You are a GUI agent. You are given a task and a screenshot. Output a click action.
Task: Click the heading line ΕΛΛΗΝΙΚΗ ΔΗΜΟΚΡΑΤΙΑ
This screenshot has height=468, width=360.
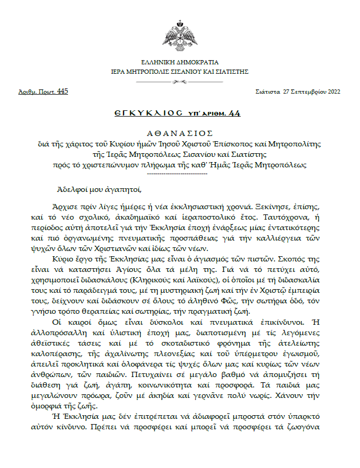click(179, 62)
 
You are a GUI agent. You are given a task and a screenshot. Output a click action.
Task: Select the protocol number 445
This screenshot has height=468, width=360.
click(62, 92)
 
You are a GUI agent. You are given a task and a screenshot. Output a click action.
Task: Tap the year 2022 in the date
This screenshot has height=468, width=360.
click(333, 92)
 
